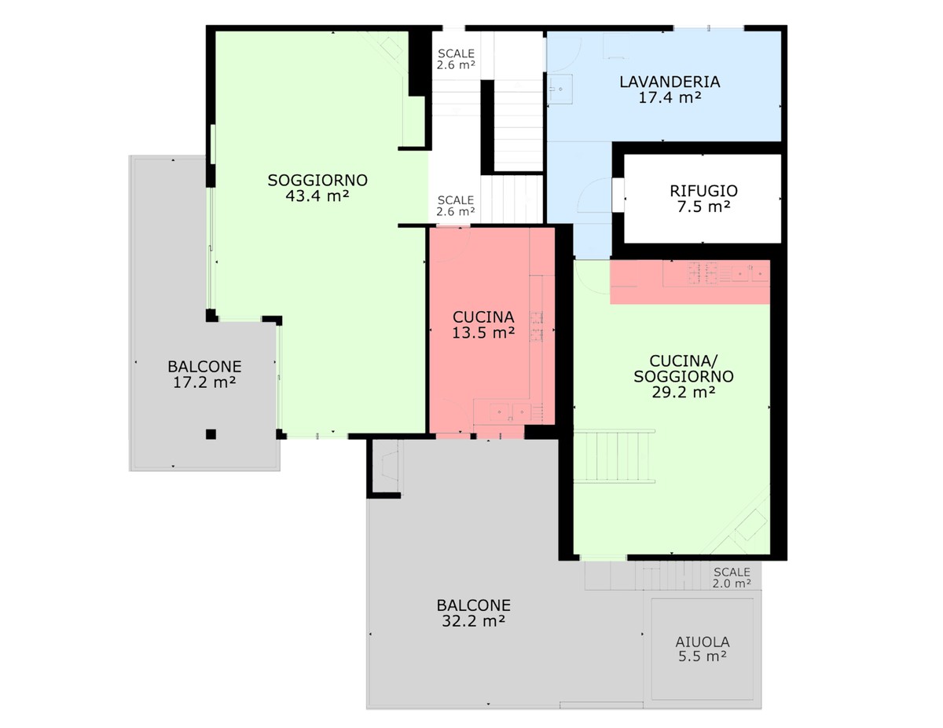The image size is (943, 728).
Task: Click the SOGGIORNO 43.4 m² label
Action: coord(317,188)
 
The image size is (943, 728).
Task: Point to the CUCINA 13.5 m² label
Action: coord(483,325)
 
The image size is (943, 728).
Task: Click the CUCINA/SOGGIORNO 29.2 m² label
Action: coord(684,376)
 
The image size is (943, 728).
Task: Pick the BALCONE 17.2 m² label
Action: coord(204,375)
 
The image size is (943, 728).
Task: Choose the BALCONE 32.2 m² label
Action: coord(473,613)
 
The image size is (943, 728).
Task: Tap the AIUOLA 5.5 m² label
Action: coord(703,649)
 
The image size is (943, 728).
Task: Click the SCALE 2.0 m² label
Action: coord(732,578)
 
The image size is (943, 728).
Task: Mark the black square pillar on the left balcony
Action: coord(211,434)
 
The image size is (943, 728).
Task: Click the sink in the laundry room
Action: coord(560,90)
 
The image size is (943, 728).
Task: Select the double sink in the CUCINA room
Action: coord(510,412)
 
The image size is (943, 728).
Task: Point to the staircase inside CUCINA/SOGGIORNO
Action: coord(614,456)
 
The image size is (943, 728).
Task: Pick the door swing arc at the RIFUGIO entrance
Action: coord(596,195)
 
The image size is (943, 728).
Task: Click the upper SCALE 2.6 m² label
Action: coord(456,60)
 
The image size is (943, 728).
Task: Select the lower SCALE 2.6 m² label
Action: coord(456,206)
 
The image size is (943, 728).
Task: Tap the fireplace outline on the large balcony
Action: coord(389,467)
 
